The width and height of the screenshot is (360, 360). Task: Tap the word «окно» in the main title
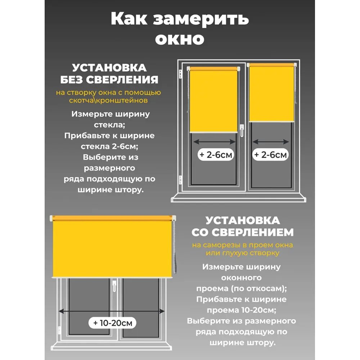click(x=180, y=39)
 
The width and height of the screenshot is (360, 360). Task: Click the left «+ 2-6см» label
click(x=216, y=155)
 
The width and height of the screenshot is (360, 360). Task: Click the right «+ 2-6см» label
click(x=271, y=155)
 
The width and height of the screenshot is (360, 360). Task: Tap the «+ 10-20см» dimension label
click(x=113, y=323)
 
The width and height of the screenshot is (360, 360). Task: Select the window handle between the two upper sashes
click(x=242, y=130)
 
